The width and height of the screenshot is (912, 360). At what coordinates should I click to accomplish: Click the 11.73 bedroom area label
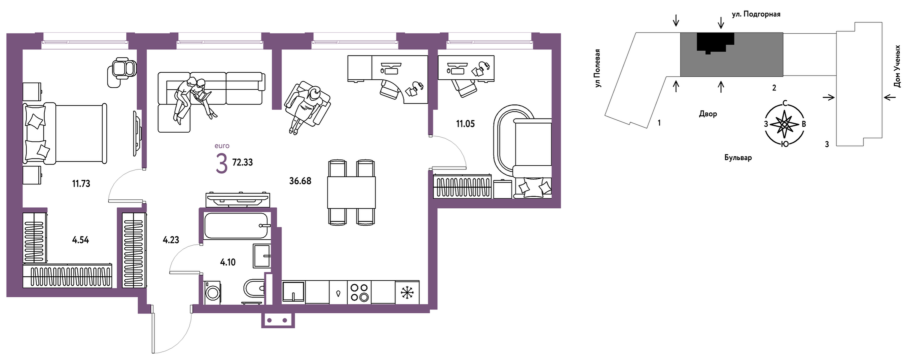[x=81, y=184]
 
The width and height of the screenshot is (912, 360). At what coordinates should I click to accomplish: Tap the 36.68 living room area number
[x=300, y=181]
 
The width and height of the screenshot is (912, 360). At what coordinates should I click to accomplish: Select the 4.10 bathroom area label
[x=228, y=262]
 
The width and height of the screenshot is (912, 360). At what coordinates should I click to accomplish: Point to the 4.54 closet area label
[x=80, y=240]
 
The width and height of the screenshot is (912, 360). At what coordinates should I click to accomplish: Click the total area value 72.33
[x=242, y=162]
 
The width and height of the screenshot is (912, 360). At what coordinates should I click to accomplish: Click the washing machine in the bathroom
[x=212, y=292]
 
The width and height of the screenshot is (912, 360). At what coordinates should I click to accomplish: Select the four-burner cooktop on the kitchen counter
[x=359, y=292]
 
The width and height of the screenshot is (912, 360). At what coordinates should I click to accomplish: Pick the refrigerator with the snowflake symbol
[x=407, y=292]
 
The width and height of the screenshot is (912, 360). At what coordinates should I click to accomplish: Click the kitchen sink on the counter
[x=293, y=292]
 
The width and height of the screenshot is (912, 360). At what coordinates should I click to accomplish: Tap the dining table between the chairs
[x=351, y=192]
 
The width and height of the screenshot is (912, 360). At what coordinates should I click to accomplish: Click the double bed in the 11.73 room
[x=65, y=133]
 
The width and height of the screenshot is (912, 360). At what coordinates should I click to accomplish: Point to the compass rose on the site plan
[x=785, y=124]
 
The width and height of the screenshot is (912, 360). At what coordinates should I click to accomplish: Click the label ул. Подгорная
[x=756, y=14]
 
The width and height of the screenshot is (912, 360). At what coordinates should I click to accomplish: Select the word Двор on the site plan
[x=708, y=114]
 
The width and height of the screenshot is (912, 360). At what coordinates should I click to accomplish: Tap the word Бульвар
[x=738, y=158]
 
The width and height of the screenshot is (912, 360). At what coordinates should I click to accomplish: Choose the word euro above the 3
[x=222, y=146]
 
